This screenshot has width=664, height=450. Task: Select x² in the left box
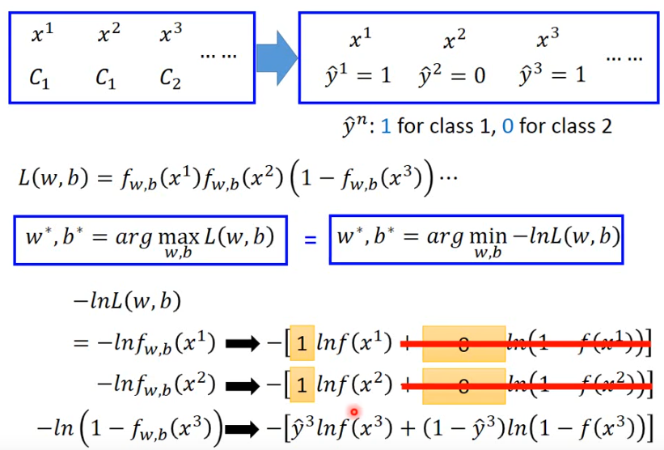108,34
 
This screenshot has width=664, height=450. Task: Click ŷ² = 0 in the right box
453,76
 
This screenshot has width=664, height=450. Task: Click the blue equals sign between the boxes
309,240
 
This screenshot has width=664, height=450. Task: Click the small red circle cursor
353,412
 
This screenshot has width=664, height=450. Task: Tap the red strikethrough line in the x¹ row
526,346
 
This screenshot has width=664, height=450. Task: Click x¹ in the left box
43,34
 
